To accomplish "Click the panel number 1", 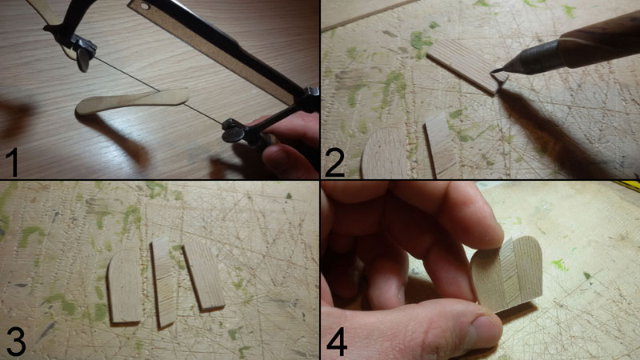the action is click(x=13, y=162).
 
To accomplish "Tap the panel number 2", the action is click(x=334, y=162).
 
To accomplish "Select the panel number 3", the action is click(x=16, y=342).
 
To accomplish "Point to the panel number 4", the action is click(x=337, y=342).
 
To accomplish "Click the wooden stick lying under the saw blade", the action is click(x=133, y=101).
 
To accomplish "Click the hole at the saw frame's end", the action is click(x=144, y=6).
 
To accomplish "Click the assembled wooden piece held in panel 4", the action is click(x=507, y=273).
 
